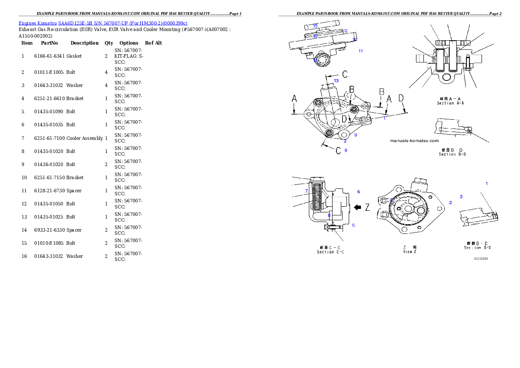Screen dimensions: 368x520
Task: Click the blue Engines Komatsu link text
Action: (x=103, y=23)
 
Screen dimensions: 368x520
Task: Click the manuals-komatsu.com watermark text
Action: (x=414, y=141)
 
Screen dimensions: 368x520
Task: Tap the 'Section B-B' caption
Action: (x=452, y=154)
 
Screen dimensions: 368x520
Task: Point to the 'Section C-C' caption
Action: (x=330, y=252)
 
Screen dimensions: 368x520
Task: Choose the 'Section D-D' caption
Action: (x=477, y=248)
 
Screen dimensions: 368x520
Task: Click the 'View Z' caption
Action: (x=409, y=252)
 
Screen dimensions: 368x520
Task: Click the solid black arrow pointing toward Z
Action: (x=357, y=208)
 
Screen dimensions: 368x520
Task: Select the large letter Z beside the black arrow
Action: (x=367, y=208)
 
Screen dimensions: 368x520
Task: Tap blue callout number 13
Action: (x=336, y=80)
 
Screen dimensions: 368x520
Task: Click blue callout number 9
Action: (x=346, y=150)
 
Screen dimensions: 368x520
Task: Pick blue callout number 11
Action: (x=361, y=51)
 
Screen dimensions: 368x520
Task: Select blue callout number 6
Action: (x=358, y=191)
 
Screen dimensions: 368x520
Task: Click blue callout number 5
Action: (x=354, y=226)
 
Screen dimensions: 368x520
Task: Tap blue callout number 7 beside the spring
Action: (x=307, y=191)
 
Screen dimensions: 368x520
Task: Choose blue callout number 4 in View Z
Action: (x=391, y=200)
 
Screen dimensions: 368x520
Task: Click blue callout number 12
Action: (x=345, y=31)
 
